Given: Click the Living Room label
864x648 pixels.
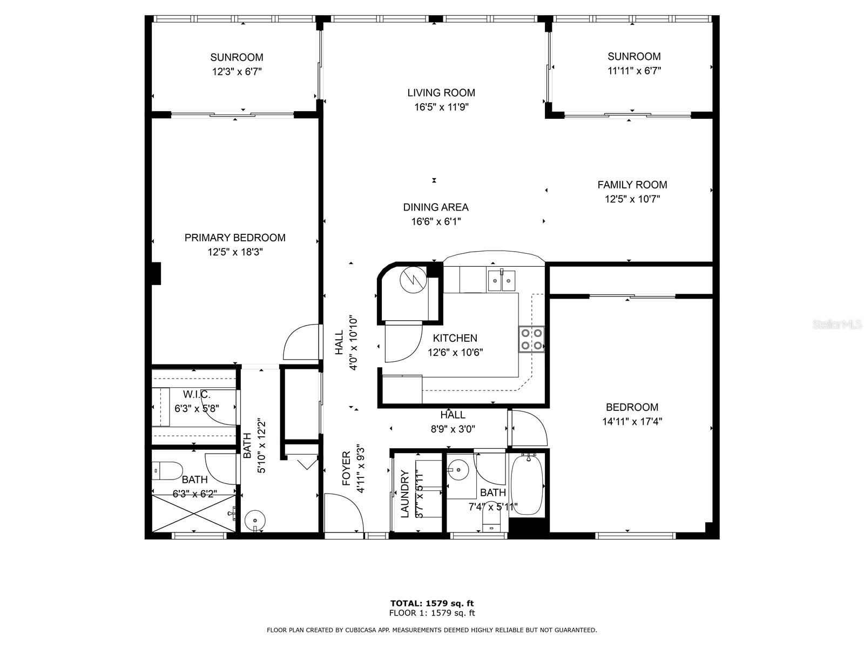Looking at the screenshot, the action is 441,93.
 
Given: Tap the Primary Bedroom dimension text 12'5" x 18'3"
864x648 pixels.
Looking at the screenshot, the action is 235,252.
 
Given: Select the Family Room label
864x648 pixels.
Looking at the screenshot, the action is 632,185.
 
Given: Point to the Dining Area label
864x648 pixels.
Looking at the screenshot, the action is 436,207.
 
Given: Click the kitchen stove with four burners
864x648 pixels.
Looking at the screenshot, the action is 531,339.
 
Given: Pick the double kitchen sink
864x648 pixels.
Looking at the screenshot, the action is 501,280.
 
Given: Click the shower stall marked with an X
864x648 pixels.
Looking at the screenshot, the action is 194,514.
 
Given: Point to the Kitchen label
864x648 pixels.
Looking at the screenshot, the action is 455,338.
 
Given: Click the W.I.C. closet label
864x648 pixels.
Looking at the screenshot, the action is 197,394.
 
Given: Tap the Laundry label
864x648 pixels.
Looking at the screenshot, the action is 404,494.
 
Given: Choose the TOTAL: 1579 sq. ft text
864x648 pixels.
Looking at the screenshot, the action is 432,604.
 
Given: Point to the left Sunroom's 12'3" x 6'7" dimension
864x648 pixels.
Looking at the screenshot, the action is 237,72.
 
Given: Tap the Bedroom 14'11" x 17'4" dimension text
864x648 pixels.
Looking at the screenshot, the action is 632,421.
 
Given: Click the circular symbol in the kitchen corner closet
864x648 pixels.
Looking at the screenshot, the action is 413,280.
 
